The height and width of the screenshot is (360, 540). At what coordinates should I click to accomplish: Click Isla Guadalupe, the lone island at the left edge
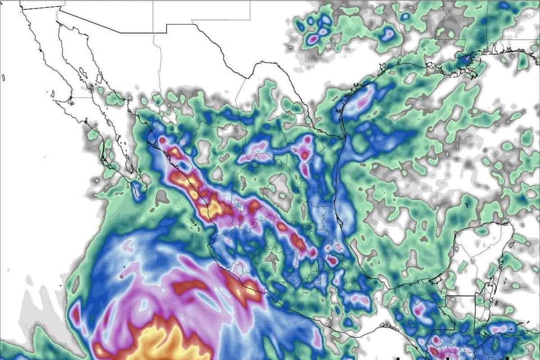(3, 77)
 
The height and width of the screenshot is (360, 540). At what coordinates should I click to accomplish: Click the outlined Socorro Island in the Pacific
(122, 277)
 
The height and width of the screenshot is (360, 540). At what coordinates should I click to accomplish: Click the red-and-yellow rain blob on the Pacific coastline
(241, 290)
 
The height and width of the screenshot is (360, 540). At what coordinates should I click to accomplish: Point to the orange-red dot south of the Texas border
(305, 155)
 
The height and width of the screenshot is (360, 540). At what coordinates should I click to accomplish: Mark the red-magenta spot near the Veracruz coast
(332, 260)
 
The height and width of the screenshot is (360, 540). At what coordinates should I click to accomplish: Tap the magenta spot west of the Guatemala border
(418, 310)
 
